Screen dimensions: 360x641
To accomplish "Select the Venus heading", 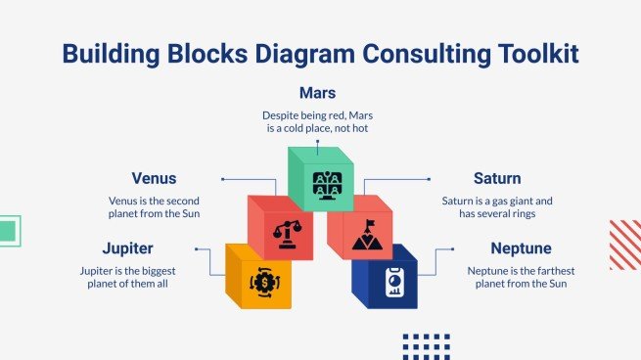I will pyautogui.click(x=154, y=179).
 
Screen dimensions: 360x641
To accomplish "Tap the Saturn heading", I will pyautogui.click(x=496, y=179).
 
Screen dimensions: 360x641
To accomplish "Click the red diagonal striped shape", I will pyautogui.click(x=624, y=244).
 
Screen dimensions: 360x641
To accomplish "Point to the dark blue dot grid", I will pyautogui.click(x=426, y=345).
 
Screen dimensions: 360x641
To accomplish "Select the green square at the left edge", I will pyautogui.click(x=9, y=231).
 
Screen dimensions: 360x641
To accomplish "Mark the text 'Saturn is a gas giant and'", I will pyautogui.click(x=496, y=199).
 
